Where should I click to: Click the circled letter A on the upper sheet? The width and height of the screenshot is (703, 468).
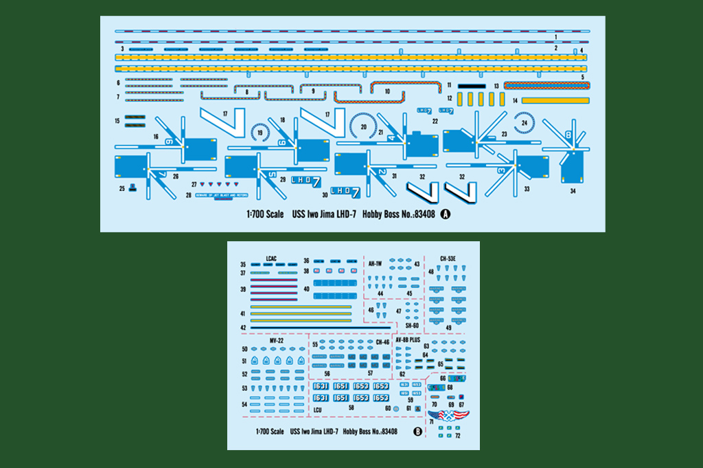pyautogui.click(x=444, y=214)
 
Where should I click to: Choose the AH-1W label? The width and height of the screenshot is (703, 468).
pyautogui.click(x=375, y=263)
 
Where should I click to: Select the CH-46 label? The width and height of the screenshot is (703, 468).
pyautogui.click(x=382, y=342)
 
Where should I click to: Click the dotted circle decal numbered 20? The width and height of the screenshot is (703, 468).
pyautogui.click(x=364, y=125)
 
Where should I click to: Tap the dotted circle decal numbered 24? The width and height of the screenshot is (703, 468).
pyautogui.click(x=525, y=122)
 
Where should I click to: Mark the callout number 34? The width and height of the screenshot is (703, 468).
pyautogui.click(x=573, y=192)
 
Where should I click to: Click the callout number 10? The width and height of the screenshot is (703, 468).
pyautogui.click(x=387, y=91)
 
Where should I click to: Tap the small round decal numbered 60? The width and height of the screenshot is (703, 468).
pyautogui.click(x=396, y=408)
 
